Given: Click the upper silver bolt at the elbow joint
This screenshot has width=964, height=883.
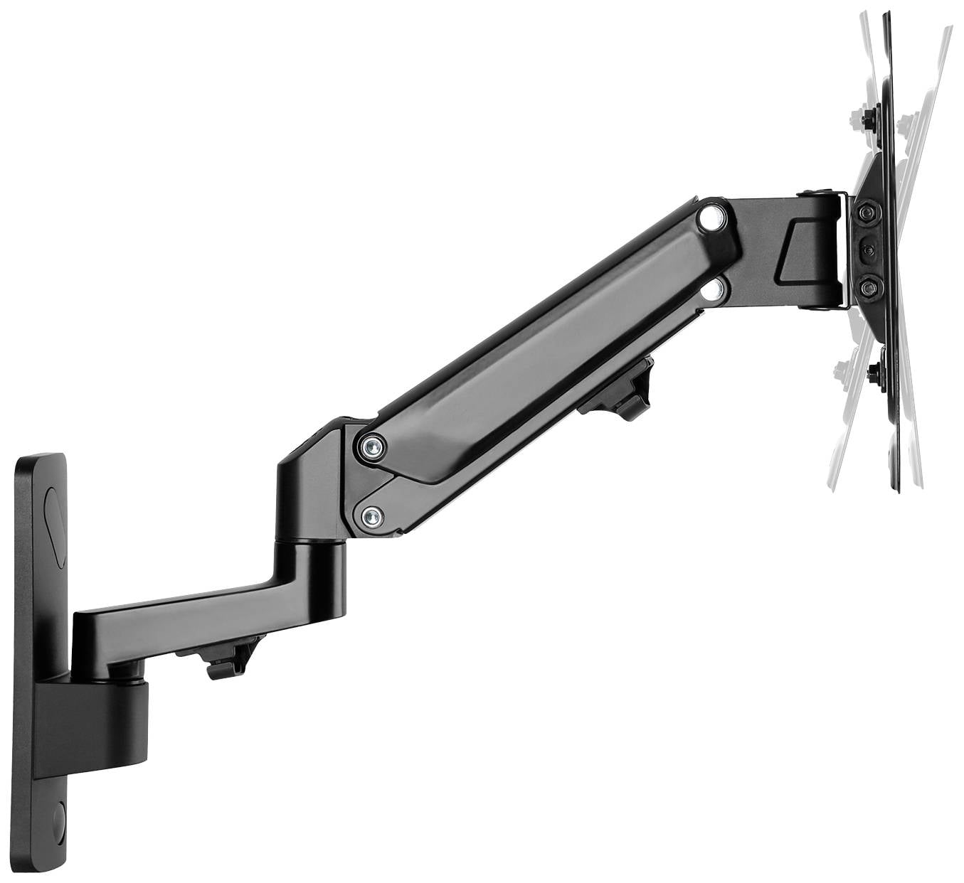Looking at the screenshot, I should (x=371, y=446).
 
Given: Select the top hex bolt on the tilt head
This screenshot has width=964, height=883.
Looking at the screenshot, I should (x=867, y=213).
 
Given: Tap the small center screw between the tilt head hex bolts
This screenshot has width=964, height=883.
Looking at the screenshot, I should (x=868, y=250).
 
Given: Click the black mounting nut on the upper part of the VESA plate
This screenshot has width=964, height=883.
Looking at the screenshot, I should (x=869, y=119).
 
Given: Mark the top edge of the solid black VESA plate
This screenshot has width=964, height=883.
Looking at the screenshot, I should (x=886, y=16).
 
